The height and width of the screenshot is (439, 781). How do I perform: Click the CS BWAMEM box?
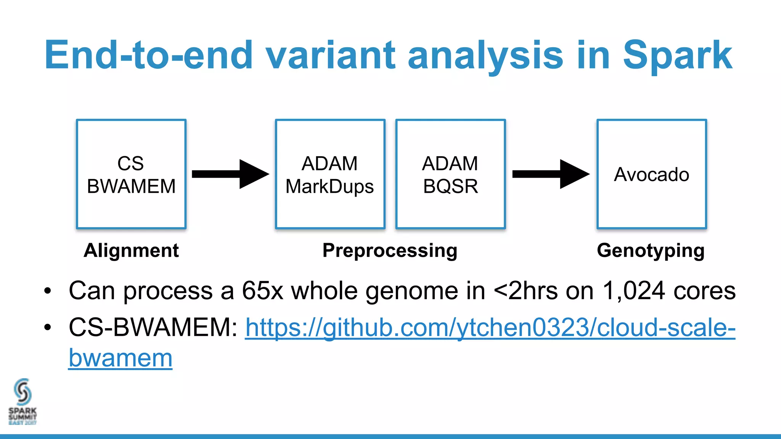(x=131, y=174)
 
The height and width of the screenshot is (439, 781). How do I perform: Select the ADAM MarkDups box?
(x=330, y=174)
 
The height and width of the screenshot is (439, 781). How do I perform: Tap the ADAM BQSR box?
(x=450, y=174)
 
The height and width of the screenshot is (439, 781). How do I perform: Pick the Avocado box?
(x=651, y=174)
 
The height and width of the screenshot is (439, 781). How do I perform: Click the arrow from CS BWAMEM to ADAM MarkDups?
(x=230, y=174)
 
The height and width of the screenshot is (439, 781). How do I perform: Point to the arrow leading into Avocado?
(x=550, y=174)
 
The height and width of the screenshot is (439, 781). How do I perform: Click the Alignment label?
(x=131, y=251)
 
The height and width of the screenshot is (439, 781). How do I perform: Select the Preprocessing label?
(x=390, y=251)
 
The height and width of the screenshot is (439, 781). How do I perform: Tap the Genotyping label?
(x=651, y=251)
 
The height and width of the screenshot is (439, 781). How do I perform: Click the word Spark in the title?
(x=677, y=56)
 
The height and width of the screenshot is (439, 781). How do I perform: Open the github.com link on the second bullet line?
(x=490, y=328)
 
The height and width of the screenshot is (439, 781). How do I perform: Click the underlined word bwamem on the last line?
(x=121, y=358)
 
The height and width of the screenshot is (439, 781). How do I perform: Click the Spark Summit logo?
(x=22, y=401)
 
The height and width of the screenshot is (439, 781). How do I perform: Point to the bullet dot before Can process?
(x=47, y=292)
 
